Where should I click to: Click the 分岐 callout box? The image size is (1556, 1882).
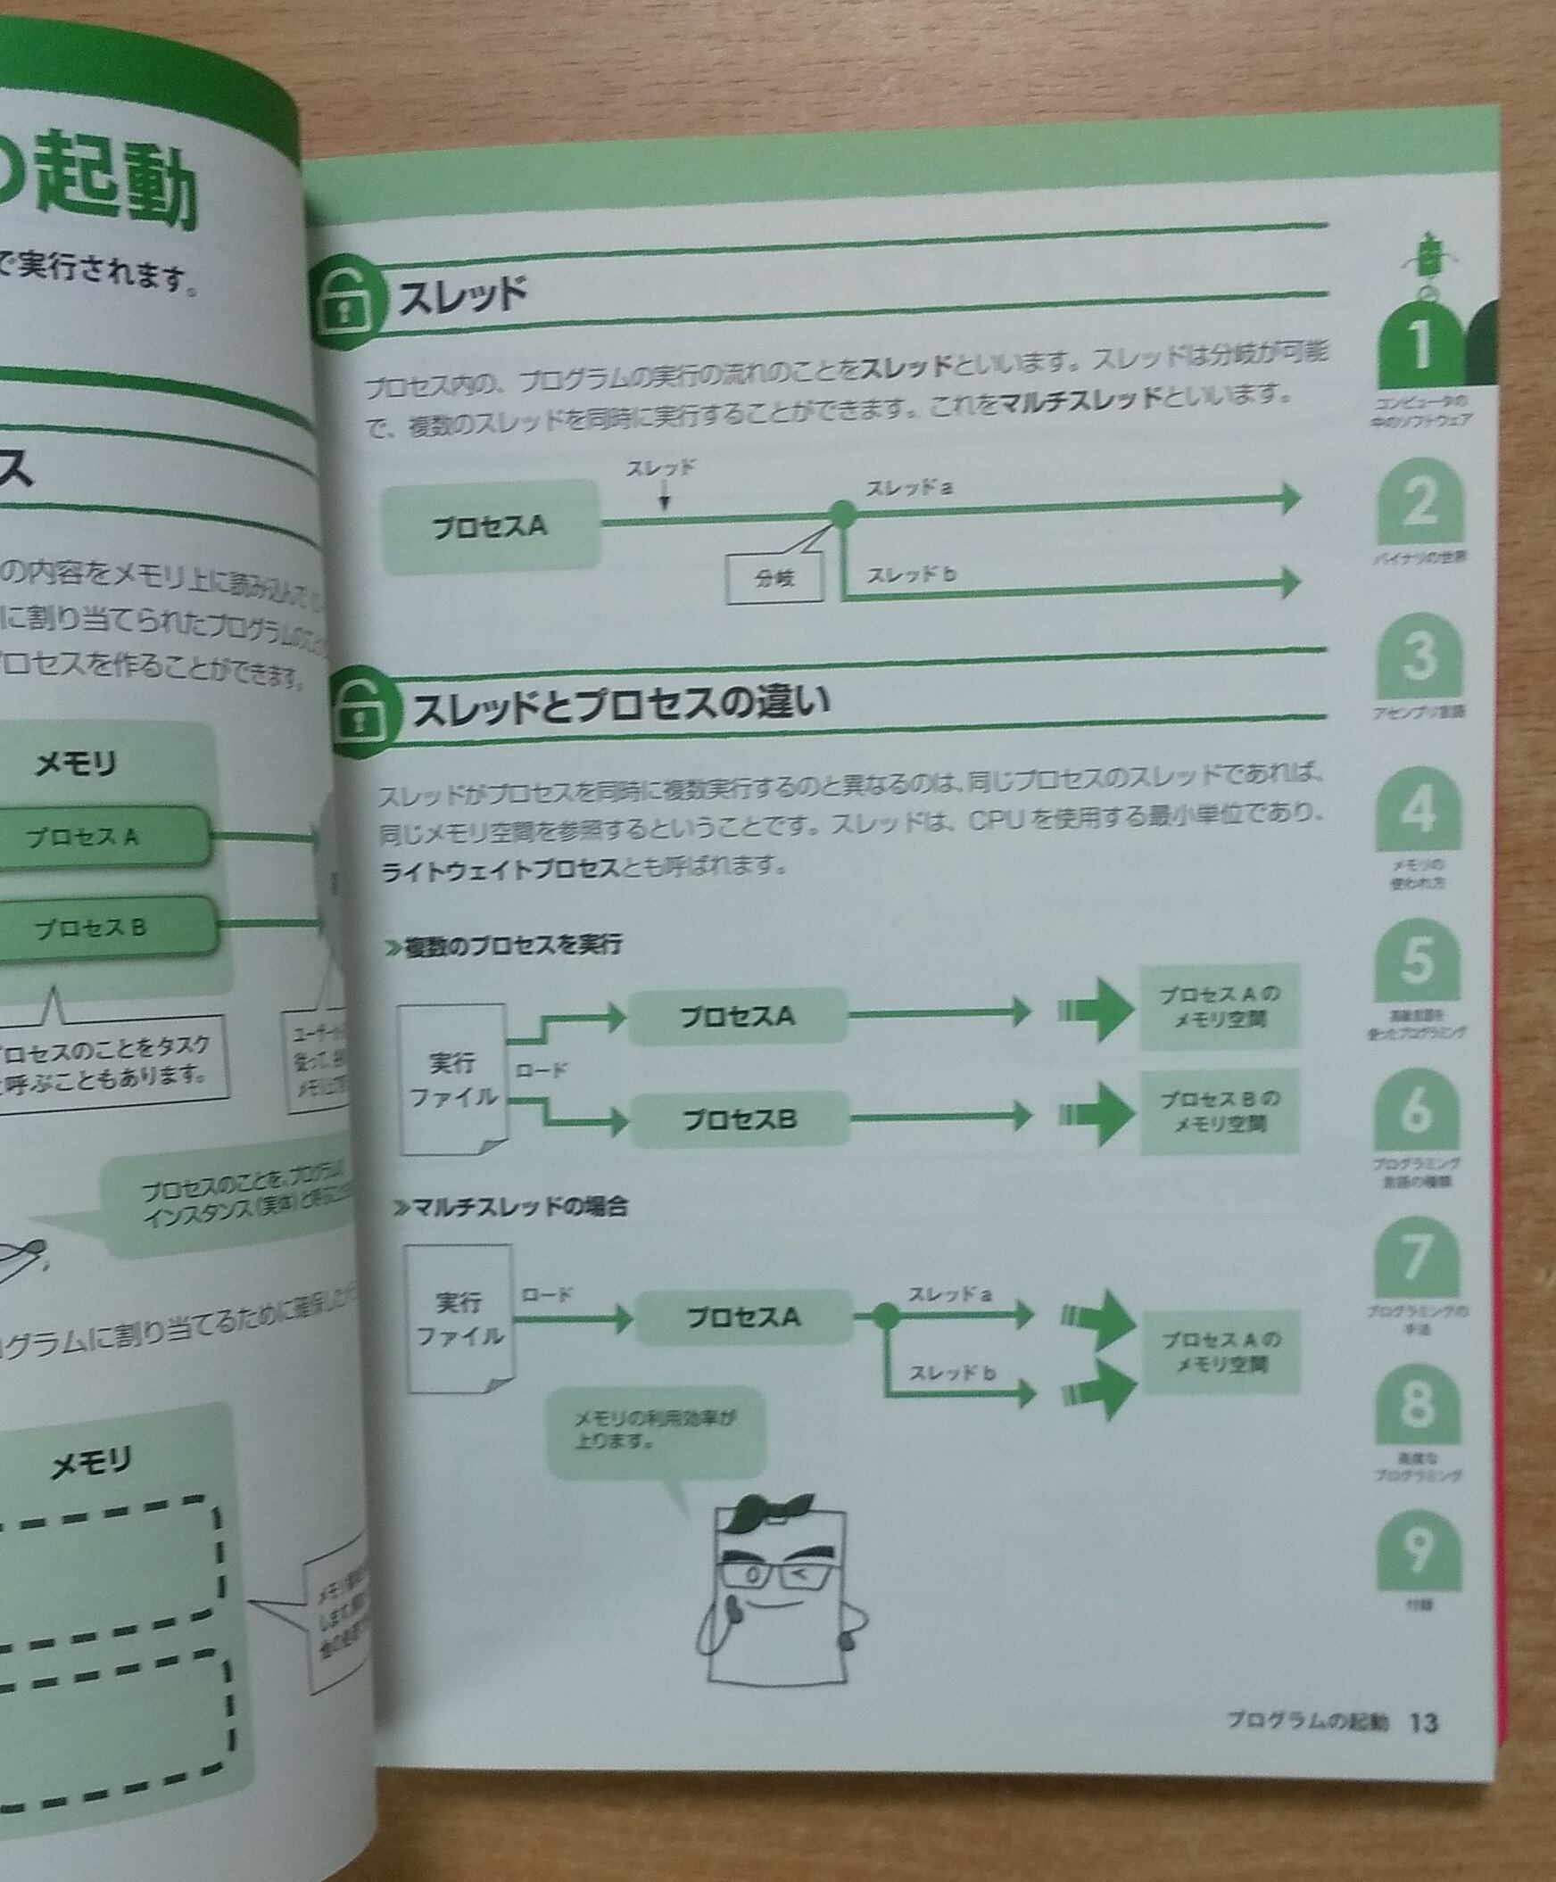tap(774, 579)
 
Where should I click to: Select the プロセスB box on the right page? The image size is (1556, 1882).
tap(741, 1119)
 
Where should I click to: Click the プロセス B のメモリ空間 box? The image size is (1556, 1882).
tap(1219, 1111)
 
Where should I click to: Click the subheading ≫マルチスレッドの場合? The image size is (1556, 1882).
tap(509, 1206)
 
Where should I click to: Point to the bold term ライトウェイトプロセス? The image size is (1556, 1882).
tap(501, 869)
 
